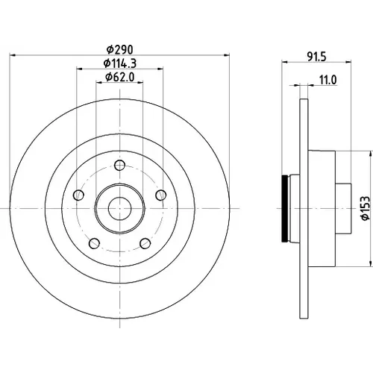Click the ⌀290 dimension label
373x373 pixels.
click(x=120, y=50)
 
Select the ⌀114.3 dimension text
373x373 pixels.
click(x=120, y=63)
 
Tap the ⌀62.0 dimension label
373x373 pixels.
click(x=120, y=77)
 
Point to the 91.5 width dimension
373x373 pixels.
click(x=316, y=57)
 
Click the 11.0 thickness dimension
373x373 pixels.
click(x=328, y=81)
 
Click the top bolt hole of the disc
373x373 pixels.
click(x=119, y=165)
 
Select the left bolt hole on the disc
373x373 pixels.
click(x=78, y=195)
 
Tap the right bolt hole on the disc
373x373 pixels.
click(x=161, y=195)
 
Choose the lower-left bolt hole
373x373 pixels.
click(x=94, y=243)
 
